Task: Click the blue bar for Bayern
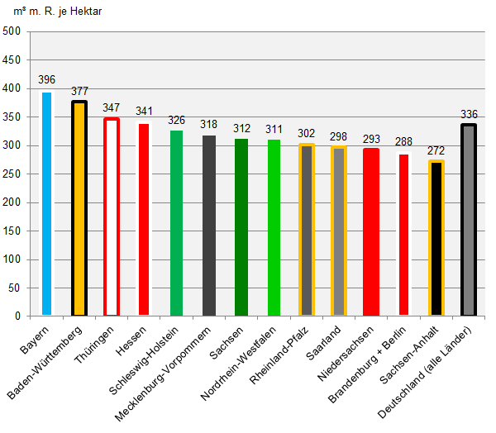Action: click(x=46, y=204)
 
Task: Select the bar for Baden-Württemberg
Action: click(x=79, y=208)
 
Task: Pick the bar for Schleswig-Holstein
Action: click(x=176, y=223)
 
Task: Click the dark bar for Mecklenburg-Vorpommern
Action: click(x=208, y=226)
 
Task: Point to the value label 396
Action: click(x=46, y=80)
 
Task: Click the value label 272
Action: click(x=436, y=150)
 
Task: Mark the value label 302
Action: click(x=306, y=133)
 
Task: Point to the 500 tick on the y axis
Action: click(x=12, y=32)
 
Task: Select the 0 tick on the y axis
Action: click(x=17, y=316)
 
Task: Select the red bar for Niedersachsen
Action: click(x=370, y=232)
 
